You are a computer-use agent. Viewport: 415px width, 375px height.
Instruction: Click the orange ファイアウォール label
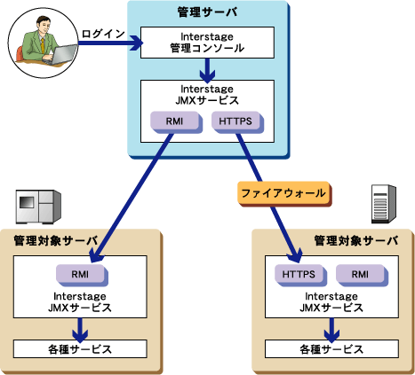pos(284,193)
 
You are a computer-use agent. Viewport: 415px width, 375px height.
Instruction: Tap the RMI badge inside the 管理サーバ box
pos(176,121)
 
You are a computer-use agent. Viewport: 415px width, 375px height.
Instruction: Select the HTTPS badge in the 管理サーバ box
pos(237,121)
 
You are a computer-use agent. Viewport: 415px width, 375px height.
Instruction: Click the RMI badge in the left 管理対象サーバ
pos(82,275)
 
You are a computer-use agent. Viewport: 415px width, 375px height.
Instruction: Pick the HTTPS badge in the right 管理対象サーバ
pos(300,275)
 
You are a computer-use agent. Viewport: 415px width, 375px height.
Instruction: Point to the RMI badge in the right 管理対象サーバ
pos(362,275)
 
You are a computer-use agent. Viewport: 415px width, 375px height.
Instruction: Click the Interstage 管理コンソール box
pos(207,43)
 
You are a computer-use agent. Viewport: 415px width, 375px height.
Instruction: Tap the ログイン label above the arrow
pos(103,34)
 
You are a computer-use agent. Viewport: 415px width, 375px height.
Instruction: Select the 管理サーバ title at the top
pos(207,12)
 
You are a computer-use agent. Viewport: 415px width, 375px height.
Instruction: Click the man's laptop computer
pos(60,55)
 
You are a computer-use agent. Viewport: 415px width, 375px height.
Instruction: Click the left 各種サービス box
pos(80,348)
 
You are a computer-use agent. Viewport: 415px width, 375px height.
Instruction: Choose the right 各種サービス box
pos(331,348)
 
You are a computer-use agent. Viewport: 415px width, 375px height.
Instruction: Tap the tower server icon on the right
pos(384,204)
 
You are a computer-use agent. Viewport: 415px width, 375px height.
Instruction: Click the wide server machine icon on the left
pos(38,207)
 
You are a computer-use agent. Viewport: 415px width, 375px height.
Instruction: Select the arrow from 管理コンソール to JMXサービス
pos(207,70)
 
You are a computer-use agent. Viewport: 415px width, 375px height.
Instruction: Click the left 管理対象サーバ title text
pos(56,241)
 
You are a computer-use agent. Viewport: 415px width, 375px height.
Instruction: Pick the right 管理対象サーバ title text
pos(356,241)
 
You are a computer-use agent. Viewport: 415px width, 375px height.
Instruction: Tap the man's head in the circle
pos(44,25)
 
